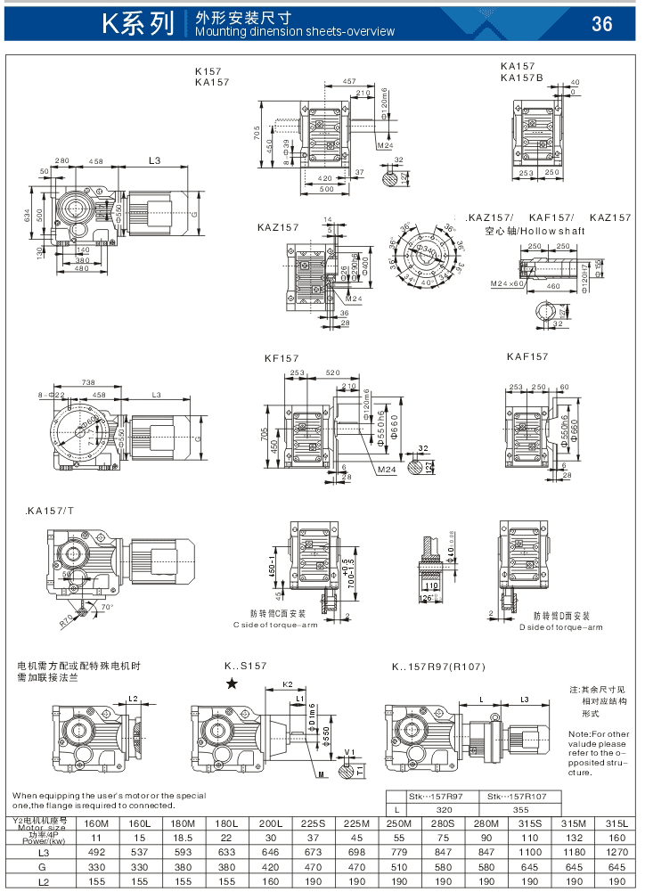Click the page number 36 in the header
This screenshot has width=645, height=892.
pos(602,24)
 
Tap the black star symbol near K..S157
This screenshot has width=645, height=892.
pos(232,683)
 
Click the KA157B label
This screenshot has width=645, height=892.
pos(522,77)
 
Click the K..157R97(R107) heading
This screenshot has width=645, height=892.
pos(438,667)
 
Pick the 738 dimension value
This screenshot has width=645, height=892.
pos(88,381)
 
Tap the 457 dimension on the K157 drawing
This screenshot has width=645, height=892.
pos(349,82)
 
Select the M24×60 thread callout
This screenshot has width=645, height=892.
pos(508,284)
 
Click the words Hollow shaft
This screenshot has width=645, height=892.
pos(559,231)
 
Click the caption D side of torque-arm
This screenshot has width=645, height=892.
pos(561,627)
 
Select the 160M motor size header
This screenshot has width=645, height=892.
pos(96,822)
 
